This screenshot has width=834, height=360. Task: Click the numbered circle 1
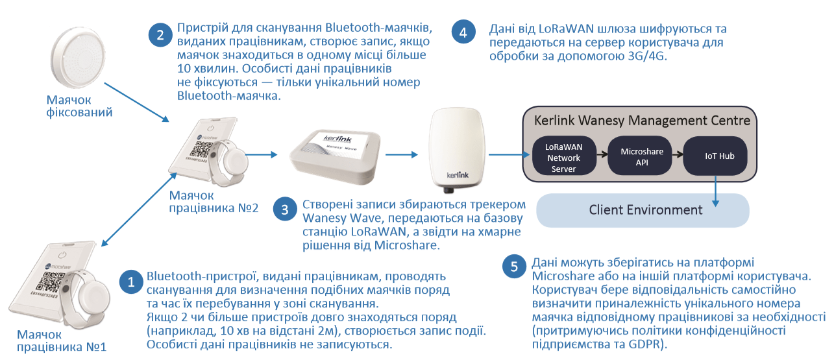pyautogui.click(x=130, y=282)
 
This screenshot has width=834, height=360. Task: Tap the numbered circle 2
pyautogui.click(x=160, y=34)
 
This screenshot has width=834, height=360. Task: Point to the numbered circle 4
pyautogui.click(x=462, y=32)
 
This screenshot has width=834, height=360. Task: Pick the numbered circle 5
pyautogui.click(x=515, y=266)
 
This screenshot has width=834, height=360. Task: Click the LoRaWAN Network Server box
pyautogui.click(x=564, y=156)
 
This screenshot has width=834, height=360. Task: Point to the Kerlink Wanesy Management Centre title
pyautogui.click(x=641, y=121)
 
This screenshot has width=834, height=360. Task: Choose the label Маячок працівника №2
pyautogui.click(x=214, y=202)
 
